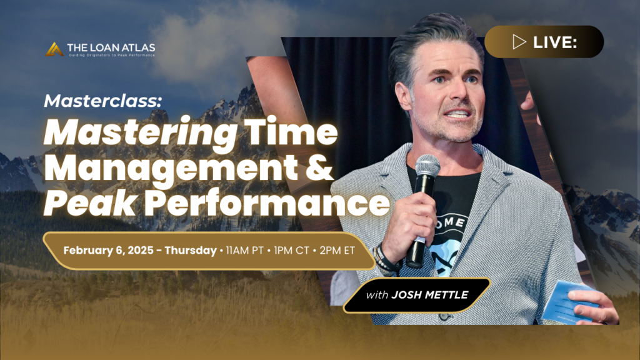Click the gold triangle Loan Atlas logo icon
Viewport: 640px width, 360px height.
(x=54, y=49)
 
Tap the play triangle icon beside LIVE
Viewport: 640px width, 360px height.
(x=519, y=42)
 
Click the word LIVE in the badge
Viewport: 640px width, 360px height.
(x=555, y=42)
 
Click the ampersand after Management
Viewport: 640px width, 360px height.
(x=319, y=168)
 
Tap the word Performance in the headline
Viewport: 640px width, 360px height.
(x=267, y=203)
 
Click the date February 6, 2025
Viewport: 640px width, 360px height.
(x=108, y=250)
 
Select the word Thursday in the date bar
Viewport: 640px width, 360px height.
(x=191, y=250)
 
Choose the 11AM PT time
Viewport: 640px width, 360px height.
(x=244, y=250)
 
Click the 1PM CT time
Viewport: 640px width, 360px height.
(x=291, y=250)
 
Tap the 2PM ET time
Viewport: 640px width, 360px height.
(x=337, y=250)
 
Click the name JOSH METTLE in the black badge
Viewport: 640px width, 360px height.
(x=430, y=295)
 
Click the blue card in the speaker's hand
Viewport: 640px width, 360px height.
(x=568, y=302)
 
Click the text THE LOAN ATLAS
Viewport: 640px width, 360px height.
(x=111, y=47)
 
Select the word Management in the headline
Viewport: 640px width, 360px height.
(x=171, y=168)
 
